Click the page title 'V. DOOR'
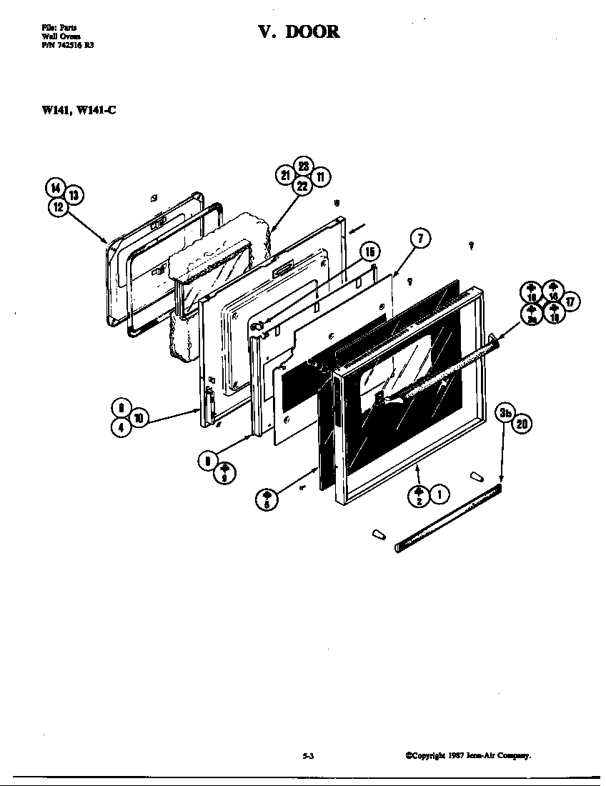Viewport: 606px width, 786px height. (x=299, y=32)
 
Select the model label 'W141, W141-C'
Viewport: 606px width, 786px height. (x=78, y=111)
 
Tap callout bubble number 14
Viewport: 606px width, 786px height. (x=55, y=188)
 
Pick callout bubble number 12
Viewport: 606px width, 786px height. (x=58, y=207)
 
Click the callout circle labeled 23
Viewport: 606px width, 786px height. (x=303, y=166)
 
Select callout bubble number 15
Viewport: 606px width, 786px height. (x=369, y=251)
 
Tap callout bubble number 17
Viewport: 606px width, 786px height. (x=570, y=302)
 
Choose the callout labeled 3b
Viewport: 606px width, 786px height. (x=506, y=413)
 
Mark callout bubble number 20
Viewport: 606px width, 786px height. (x=522, y=424)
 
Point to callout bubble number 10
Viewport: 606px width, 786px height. (x=139, y=418)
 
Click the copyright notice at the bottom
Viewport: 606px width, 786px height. (x=468, y=755)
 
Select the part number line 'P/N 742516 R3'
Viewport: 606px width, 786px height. (x=67, y=44)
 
